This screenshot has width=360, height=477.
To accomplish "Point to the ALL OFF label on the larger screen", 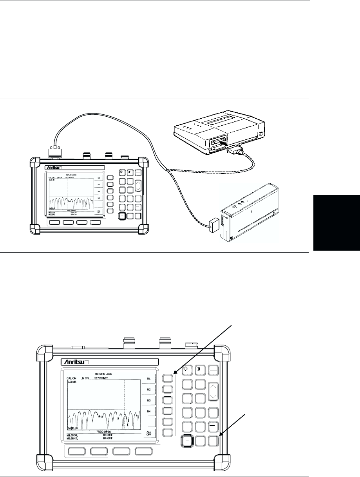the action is point(148,433).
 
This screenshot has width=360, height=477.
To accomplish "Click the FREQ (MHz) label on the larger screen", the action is point(104,431).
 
